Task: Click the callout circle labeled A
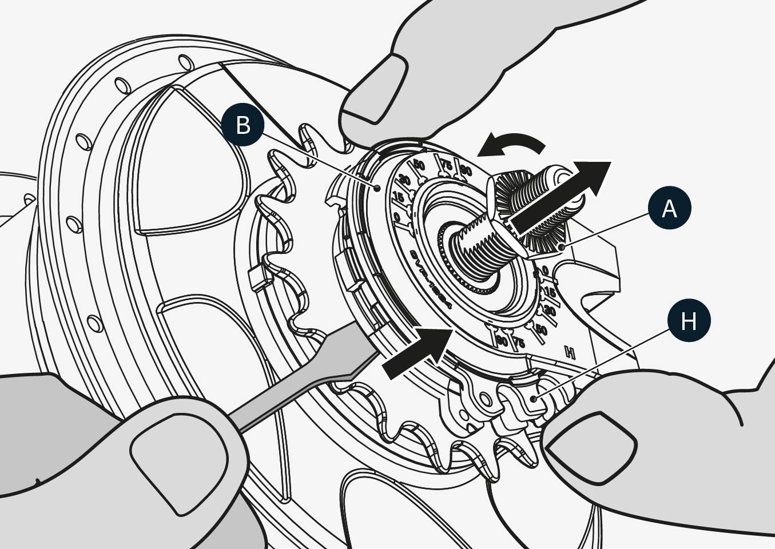(x=669, y=209)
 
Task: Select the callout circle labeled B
(x=243, y=124)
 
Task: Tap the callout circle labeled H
(x=689, y=321)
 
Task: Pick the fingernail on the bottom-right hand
(x=589, y=440)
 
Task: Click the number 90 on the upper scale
(x=466, y=170)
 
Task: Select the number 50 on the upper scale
(x=419, y=166)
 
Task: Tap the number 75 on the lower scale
(x=519, y=343)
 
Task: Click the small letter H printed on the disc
(x=569, y=352)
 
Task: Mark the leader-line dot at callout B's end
(x=377, y=187)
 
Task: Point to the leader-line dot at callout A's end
(x=563, y=246)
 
